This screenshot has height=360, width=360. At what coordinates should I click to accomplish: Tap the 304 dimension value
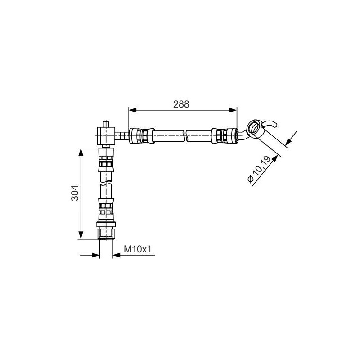coord(76,193)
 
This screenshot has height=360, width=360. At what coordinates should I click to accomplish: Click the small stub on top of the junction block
coord(107,123)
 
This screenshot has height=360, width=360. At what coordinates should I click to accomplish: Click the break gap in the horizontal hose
coord(185,135)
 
